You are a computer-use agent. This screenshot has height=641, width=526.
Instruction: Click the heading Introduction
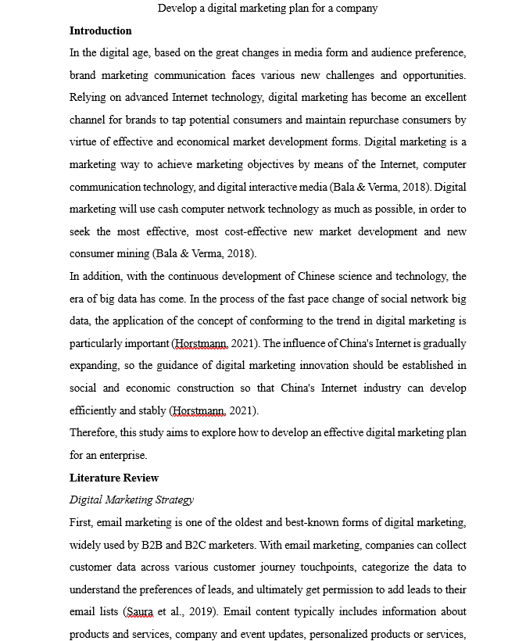point(100,31)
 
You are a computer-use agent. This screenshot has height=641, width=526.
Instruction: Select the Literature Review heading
point(114,478)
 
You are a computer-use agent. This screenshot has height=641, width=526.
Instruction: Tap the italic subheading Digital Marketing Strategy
point(131,500)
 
